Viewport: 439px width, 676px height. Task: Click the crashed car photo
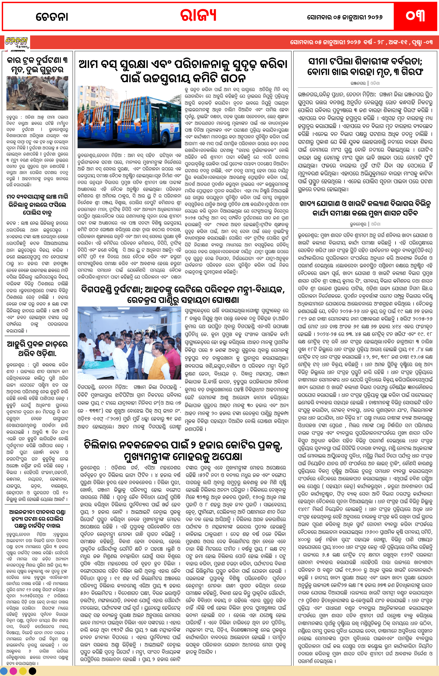37,93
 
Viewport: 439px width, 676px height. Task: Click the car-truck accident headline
37,65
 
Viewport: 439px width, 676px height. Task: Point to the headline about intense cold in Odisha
37,348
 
